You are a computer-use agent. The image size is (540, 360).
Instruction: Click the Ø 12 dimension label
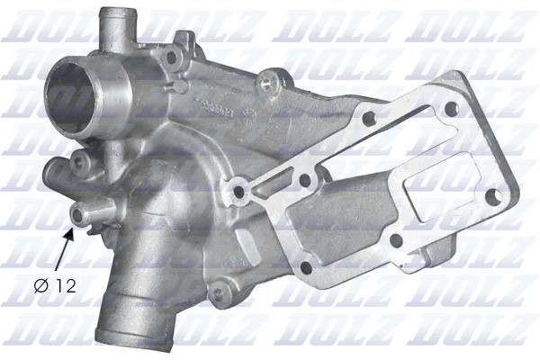point(55,286)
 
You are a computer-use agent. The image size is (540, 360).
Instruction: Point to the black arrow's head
point(70,234)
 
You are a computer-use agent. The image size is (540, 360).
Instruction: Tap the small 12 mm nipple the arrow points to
point(91,213)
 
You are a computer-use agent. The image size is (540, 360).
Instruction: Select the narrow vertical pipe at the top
point(117,32)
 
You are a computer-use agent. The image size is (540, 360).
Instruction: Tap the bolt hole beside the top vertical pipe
point(172,58)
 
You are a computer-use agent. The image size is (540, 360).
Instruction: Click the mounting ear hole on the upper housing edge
point(267,82)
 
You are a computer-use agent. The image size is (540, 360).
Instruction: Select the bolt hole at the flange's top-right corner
point(452,109)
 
